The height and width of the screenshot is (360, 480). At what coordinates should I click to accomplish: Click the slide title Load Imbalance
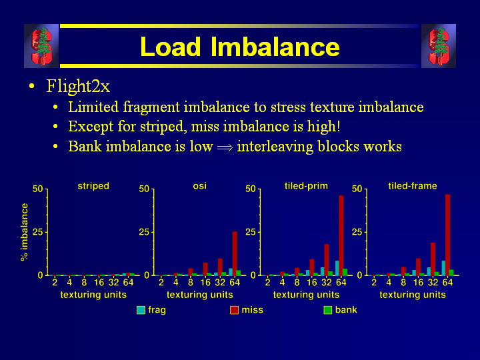click(239, 47)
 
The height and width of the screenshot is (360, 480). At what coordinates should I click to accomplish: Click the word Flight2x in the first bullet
click(78, 87)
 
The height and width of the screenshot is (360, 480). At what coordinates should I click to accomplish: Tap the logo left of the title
click(41, 46)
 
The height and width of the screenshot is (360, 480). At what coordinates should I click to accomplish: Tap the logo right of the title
click(439, 46)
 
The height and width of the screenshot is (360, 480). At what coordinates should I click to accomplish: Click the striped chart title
click(93, 186)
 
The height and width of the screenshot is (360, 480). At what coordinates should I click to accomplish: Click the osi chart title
click(200, 186)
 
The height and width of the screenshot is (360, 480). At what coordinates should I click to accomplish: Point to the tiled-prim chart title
click(306, 186)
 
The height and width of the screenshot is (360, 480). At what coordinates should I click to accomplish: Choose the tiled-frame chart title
click(413, 186)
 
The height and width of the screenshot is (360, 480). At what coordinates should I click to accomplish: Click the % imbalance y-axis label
click(25, 232)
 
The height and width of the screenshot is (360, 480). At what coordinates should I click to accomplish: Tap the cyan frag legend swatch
click(141, 310)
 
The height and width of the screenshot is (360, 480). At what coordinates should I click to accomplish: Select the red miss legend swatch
click(235, 310)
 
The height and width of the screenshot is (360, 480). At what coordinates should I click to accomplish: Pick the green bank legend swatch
click(327, 310)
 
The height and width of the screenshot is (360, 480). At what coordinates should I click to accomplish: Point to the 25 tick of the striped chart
click(37, 232)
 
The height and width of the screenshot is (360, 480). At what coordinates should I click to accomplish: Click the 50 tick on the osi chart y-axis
click(144, 189)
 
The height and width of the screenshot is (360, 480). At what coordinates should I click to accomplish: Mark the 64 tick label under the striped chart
click(129, 283)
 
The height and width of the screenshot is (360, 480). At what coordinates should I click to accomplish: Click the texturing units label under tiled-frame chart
click(413, 295)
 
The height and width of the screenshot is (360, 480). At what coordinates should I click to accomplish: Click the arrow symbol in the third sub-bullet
click(225, 147)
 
